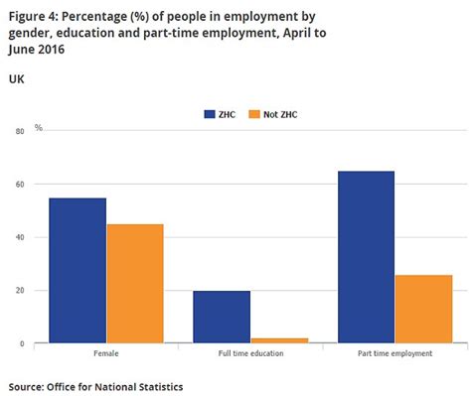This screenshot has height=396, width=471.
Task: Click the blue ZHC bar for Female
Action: (77, 270)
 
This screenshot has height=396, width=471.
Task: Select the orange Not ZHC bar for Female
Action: (134, 283)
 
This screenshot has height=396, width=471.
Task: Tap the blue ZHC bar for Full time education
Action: (222, 317)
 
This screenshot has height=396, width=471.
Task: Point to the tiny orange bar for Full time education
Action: (279, 340)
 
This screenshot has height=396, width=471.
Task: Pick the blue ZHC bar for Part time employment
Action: (366, 257)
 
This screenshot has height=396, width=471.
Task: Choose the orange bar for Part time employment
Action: (423, 309)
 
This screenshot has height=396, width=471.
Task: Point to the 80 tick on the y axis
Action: (20, 131)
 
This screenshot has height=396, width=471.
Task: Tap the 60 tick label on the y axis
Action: (20, 185)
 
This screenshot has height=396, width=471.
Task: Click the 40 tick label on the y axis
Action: (20, 237)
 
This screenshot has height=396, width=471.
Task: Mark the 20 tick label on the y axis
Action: (20, 291)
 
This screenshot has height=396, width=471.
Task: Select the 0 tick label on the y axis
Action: (22, 343)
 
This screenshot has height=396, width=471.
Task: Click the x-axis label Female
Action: (105, 354)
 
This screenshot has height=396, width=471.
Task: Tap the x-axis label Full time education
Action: (250, 354)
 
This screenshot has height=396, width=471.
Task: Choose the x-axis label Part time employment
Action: (394, 354)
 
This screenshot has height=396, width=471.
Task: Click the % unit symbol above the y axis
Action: (39, 127)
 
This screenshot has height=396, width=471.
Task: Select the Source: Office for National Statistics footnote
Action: (95, 384)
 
